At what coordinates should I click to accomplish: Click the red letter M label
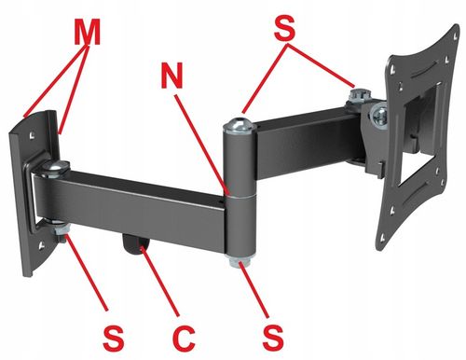pyautogui.click(x=88, y=31)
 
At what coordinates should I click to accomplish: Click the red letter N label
pyautogui.click(x=171, y=75)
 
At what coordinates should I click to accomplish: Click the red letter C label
pyautogui.click(x=185, y=338)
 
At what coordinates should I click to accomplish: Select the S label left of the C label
pyautogui.click(x=114, y=338)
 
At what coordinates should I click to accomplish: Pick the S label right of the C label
pyautogui.click(x=273, y=338)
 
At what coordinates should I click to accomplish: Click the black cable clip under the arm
pyautogui.click(x=135, y=245)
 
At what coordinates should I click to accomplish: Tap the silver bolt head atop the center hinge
pyautogui.click(x=240, y=125)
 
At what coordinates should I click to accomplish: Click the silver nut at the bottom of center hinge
pyautogui.click(x=240, y=261)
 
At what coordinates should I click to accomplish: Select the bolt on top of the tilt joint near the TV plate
pyautogui.click(x=360, y=96)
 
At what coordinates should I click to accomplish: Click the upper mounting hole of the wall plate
pyautogui.click(x=32, y=135)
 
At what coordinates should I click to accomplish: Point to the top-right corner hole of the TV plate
pyautogui.click(x=455, y=35)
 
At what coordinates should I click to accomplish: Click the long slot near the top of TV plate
pyautogui.click(x=421, y=69)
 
